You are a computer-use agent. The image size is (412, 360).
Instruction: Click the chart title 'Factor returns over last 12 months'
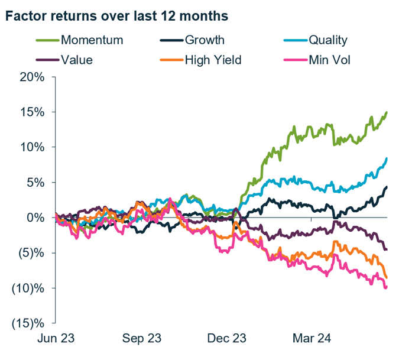coord(116,16)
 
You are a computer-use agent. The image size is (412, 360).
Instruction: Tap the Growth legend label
coord(205,40)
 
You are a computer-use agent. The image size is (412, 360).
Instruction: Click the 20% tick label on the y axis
coord(31,77)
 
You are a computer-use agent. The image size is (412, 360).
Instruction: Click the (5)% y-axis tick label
coord(30,253)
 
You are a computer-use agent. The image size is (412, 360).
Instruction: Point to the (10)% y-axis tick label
coord(27,288)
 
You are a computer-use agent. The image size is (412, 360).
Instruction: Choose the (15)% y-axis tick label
coord(27,323)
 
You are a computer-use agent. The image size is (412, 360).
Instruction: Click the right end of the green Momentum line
coord(387,112)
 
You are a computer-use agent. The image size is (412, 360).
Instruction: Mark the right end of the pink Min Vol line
coord(387,287)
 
